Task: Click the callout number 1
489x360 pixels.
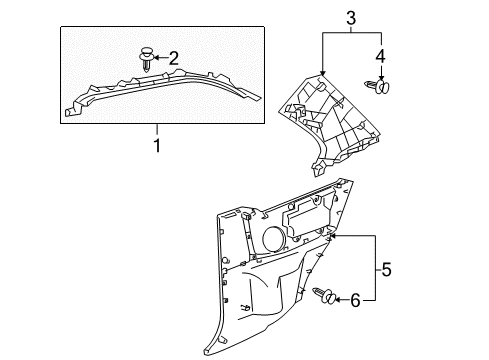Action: pyautogui.click(x=157, y=146)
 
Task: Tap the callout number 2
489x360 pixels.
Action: pyautogui.click(x=174, y=58)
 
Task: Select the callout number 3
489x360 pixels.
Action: pyautogui.click(x=351, y=18)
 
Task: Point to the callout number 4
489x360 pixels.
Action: pyautogui.click(x=380, y=56)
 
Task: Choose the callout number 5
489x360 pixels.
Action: pyautogui.click(x=386, y=269)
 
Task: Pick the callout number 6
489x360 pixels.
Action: pyautogui.click(x=355, y=300)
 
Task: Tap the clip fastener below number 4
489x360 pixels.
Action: pyautogui.click(x=378, y=86)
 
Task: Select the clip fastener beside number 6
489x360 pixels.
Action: pyautogui.click(x=325, y=295)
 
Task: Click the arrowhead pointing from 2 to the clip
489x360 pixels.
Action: pyautogui.click(x=157, y=58)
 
